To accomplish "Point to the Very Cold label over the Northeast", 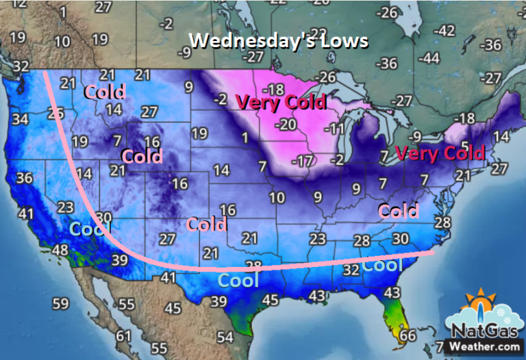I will point(441,153).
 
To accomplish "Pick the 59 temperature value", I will point(60,303).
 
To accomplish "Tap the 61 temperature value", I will point(123,335).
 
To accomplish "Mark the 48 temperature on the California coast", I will point(60,250).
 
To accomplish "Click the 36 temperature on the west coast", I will point(25,178).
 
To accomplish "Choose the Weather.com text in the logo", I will point(483,347).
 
